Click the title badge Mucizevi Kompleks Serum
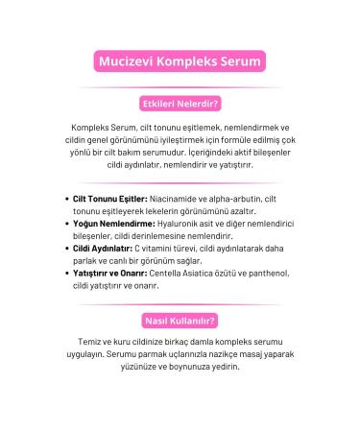tap(180, 61)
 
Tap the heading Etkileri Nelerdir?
tap(180, 103)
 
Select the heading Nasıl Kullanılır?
tap(180, 320)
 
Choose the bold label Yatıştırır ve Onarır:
tap(114, 273)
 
